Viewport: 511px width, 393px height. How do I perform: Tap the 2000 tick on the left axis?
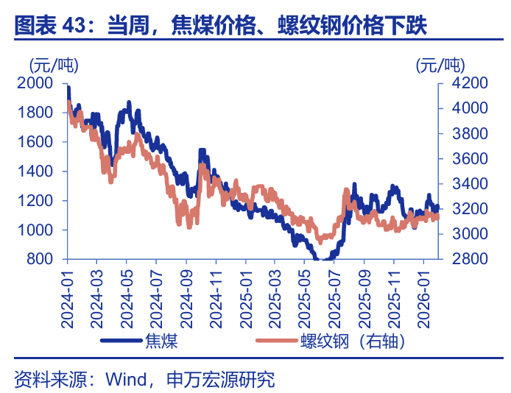[x=38, y=83]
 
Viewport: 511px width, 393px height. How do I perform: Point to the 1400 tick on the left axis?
[x=38, y=171]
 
